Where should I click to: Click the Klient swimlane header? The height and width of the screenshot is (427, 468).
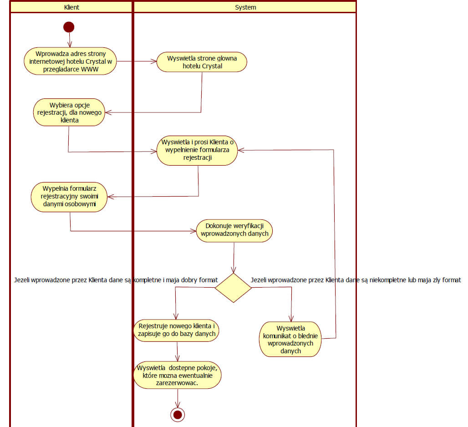tap(72, 7)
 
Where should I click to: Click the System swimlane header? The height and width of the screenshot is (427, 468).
tap(245, 7)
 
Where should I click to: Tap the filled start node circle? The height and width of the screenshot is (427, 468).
tap(69, 27)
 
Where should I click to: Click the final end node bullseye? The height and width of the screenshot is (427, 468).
tap(178, 414)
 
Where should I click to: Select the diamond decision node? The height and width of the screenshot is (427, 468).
tap(233, 288)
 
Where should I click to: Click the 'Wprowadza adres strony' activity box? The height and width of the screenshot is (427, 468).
tap(70, 61)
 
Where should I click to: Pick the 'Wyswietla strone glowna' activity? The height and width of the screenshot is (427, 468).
tap(202, 61)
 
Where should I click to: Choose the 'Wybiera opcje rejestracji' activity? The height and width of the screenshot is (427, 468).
tap(70, 112)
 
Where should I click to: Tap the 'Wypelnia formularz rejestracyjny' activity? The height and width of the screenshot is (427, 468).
tap(70, 197)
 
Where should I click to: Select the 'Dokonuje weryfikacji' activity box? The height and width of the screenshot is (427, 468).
tap(234, 230)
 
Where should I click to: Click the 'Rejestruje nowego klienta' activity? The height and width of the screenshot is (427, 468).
tap(177, 330)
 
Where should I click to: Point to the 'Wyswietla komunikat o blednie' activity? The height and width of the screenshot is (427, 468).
tap(290, 339)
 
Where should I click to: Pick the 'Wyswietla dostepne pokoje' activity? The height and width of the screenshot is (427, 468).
tap(177, 376)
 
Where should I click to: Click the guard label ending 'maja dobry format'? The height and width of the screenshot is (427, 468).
tap(116, 280)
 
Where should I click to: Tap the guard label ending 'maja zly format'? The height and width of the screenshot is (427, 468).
tap(356, 280)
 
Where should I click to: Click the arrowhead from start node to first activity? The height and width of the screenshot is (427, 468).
tap(69, 45)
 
